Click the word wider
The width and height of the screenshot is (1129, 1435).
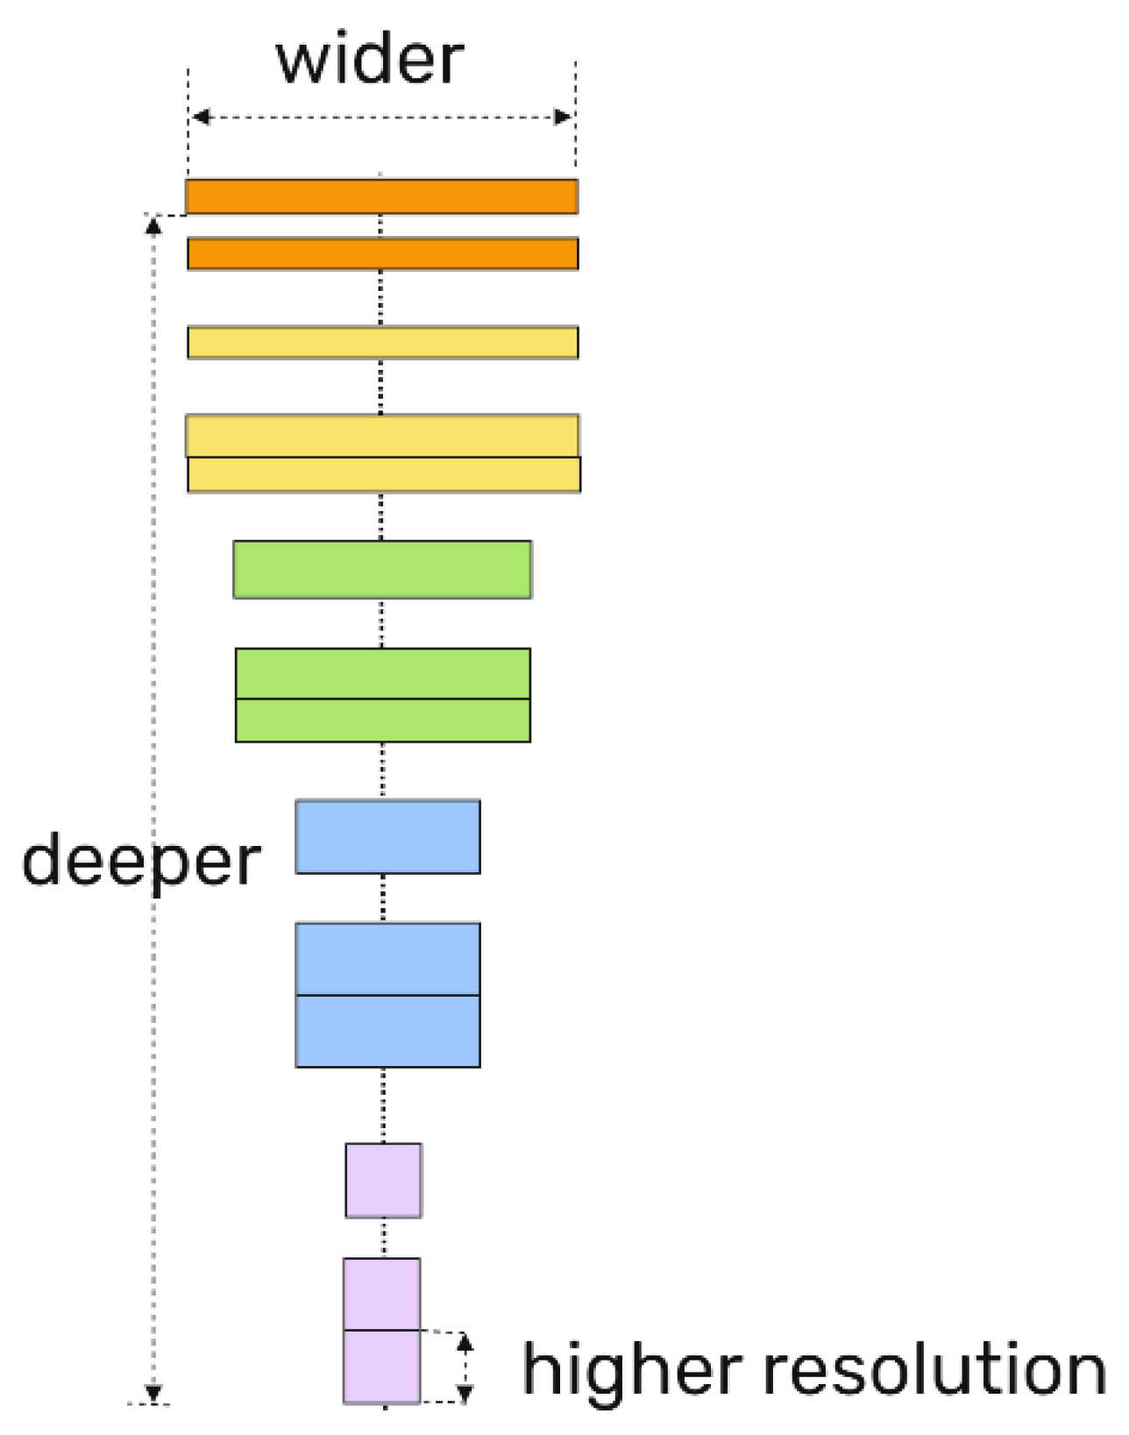370,60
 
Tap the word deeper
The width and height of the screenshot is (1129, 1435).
141,862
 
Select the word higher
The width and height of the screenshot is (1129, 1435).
631,1371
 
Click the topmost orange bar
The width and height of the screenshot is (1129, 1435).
381,196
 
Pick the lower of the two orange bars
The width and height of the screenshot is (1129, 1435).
382,254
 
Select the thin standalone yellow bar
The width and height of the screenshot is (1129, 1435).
382,343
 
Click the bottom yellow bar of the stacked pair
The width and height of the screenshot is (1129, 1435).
384,474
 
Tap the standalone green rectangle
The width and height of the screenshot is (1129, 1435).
382,570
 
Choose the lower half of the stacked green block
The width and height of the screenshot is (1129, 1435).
382,721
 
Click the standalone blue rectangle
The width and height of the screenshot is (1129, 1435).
387,837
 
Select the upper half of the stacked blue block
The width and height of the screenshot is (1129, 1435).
387,959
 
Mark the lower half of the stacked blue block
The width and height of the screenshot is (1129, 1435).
387,1032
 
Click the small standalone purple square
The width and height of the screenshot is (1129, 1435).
383,1181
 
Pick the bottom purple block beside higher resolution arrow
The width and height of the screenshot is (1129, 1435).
381,1367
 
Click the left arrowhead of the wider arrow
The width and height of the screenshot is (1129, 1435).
201,117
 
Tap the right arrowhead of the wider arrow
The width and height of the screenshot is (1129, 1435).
563,117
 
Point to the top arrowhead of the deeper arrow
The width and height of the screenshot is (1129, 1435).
153,226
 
